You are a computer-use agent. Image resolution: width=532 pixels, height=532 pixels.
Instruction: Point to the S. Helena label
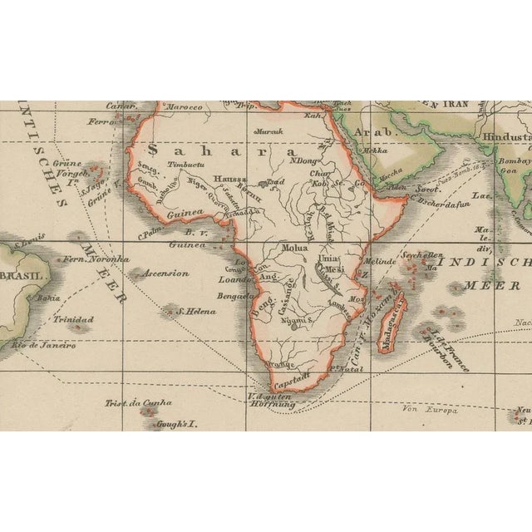click(195, 312)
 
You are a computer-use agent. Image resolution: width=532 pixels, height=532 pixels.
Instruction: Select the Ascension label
click(166, 273)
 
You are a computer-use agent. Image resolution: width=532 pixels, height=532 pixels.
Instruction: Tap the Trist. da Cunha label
click(138, 403)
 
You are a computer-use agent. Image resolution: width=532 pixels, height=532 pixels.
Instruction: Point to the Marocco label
click(185, 107)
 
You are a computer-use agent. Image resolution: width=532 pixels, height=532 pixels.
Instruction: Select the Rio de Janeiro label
click(45, 345)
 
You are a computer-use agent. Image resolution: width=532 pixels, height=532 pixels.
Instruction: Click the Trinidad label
click(68, 318)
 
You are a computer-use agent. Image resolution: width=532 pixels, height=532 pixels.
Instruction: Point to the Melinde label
click(380, 261)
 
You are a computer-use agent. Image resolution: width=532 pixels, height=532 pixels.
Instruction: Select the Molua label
click(295, 248)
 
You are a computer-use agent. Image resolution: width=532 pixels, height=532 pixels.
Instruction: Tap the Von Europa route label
click(420, 408)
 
